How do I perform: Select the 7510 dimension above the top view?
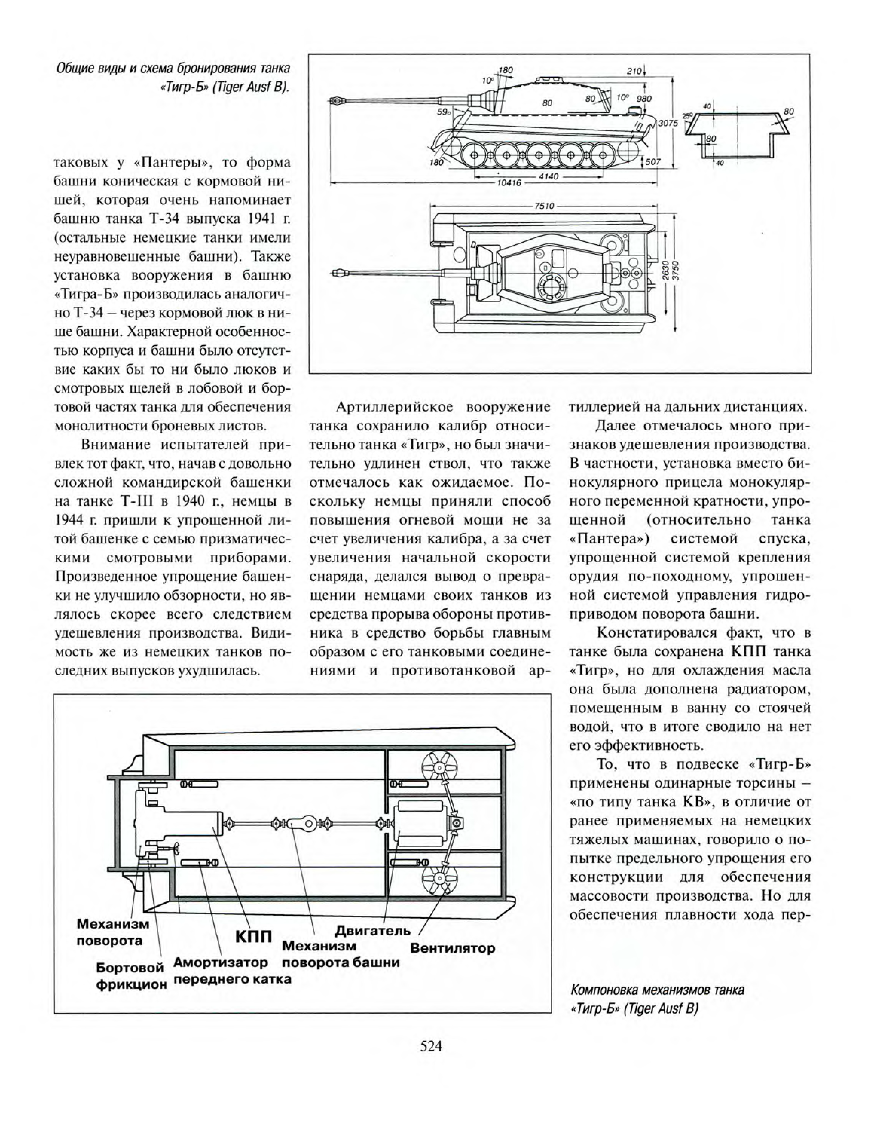pos(544,206)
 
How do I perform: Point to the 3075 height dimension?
pos(668,123)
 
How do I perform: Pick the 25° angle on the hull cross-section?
pos(687,115)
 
